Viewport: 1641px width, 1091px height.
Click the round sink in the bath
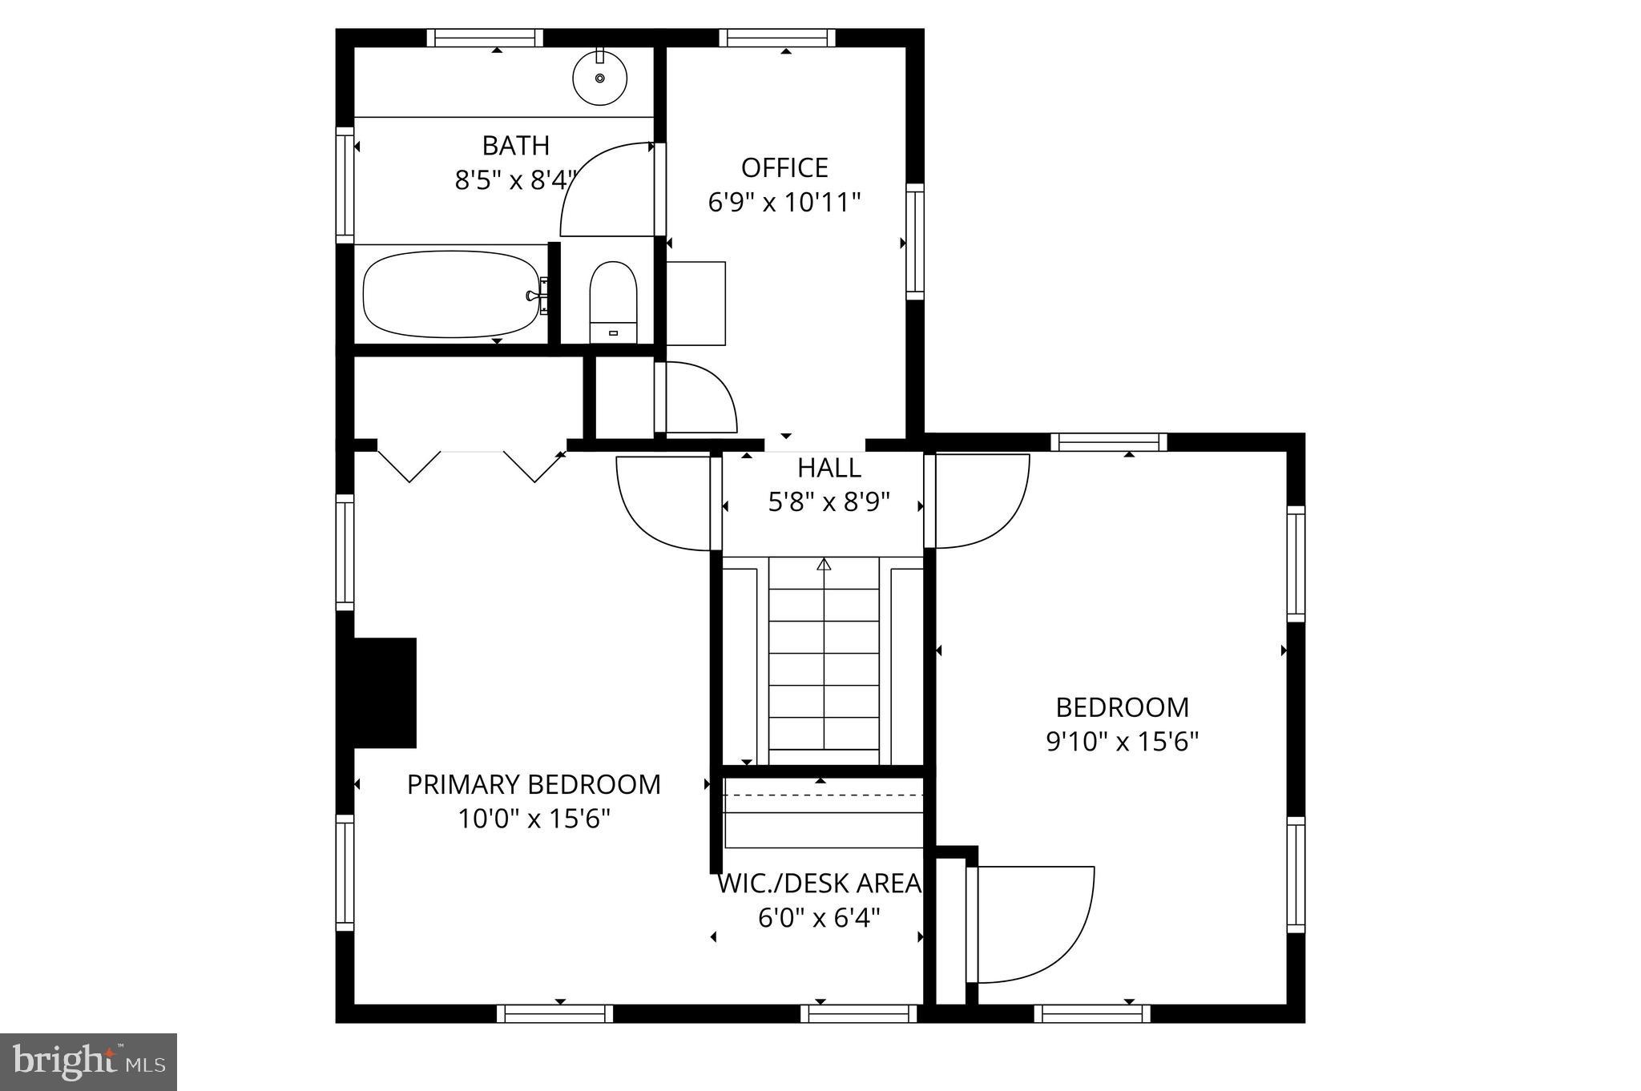pyautogui.click(x=599, y=78)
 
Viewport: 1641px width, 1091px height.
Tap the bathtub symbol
pyautogui.click(x=451, y=294)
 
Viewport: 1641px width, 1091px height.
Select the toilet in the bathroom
pyautogui.click(x=613, y=301)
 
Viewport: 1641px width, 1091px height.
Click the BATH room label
pyautogui.click(x=516, y=146)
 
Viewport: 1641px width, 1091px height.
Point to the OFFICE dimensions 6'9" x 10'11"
pyautogui.click(x=784, y=202)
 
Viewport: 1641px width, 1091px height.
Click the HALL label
pyautogui.click(x=829, y=468)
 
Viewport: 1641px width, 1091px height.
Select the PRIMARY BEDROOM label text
pyautogui.click(x=534, y=784)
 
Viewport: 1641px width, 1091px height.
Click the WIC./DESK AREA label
pyautogui.click(x=819, y=884)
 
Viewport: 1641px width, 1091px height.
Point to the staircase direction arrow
pyautogui.click(x=824, y=565)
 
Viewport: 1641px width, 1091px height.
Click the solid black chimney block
pyautogui.click(x=385, y=693)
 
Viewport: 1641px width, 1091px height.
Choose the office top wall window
pyautogui.click(x=776, y=38)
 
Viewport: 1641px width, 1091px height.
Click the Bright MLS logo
pyautogui.click(x=88, y=1061)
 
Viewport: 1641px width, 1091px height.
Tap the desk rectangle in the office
pyautogui.click(x=696, y=303)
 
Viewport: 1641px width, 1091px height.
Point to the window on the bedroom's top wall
pyautogui.click(x=1108, y=442)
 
